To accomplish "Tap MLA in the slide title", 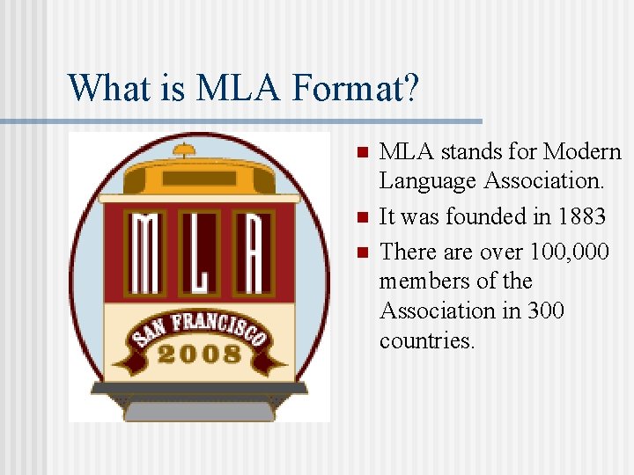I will coord(224,87).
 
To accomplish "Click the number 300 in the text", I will coord(546,311).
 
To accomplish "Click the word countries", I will coord(427,340).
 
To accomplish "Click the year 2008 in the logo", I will coord(200,354).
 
